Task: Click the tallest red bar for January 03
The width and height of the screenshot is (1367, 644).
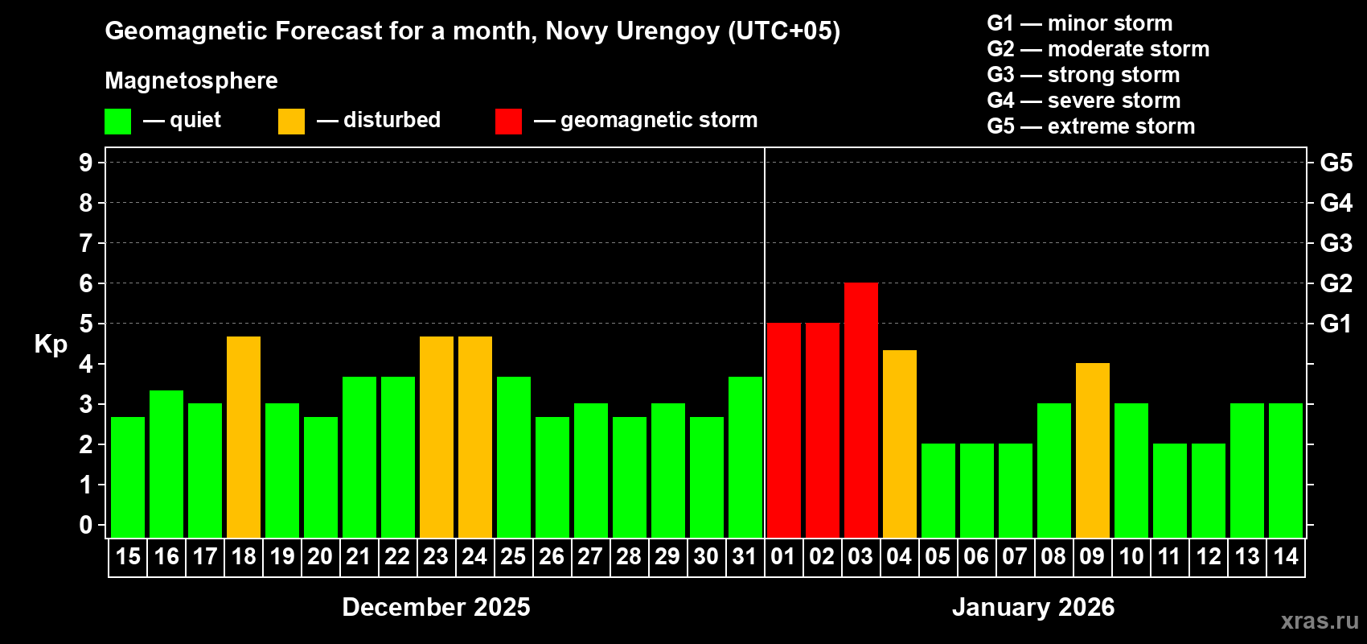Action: click(x=860, y=411)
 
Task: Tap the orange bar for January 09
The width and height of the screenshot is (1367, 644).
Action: click(x=1092, y=451)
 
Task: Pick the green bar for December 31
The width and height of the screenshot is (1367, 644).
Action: click(x=745, y=457)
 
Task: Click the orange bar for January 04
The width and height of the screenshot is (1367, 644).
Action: click(x=899, y=444)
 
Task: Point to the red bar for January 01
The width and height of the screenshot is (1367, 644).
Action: click(x=783, y=431)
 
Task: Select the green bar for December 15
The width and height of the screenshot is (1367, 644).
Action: click(x=128, y=477)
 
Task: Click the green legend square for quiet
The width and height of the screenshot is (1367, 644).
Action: click(x=118, y=122)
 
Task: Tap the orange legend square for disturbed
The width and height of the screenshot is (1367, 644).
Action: click(x=291, y=122)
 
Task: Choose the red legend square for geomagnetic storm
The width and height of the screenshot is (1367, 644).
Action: click(x=508, y=122)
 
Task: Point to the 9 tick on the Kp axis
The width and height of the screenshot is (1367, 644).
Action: click(x=86, y=163)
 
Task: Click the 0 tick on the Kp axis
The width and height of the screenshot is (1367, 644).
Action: click(x=86, y=526)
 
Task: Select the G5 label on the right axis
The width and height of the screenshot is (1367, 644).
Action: click(x=1336, y=163)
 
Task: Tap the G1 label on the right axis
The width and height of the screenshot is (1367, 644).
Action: click(x=1336, y=324)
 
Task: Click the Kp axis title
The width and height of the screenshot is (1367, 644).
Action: click(x=51, y=345)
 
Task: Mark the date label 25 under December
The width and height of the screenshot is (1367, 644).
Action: click(x=513, y=557)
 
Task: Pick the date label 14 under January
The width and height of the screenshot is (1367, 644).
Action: click(x=1286, y=557)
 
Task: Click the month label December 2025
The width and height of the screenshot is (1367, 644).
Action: click(x=436, y=607)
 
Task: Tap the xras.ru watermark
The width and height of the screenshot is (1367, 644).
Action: click(x=1320, y=621)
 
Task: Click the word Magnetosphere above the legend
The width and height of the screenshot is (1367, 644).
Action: click(x=191, y=80)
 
